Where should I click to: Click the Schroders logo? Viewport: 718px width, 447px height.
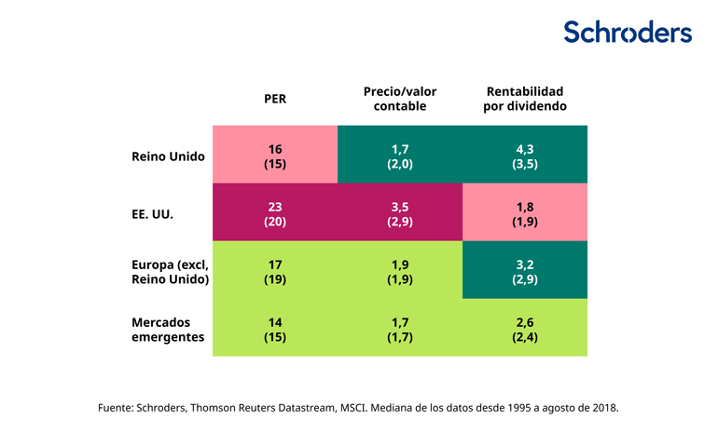coord(628,32)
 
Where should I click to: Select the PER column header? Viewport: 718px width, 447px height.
coord(274,99)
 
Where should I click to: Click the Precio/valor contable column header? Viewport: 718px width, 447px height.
coord(399,99)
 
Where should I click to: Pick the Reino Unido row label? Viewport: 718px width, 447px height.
coord(168,156)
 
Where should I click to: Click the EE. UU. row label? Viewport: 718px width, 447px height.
coord(152,213)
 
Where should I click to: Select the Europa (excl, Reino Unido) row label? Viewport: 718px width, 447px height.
coord(168,271)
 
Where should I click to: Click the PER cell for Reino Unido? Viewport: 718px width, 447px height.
coord(274,156)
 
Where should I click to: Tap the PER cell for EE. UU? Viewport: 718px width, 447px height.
coord(274,213)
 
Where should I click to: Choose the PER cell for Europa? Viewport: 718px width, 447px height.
coord(274,271)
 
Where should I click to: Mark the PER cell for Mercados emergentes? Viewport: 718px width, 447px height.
coord(274,329)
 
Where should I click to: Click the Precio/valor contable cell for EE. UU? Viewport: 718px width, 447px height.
coord(399,213)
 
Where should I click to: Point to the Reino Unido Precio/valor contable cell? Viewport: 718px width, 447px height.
coord(399,156)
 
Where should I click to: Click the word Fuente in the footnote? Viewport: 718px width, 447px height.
coord(116,408)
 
